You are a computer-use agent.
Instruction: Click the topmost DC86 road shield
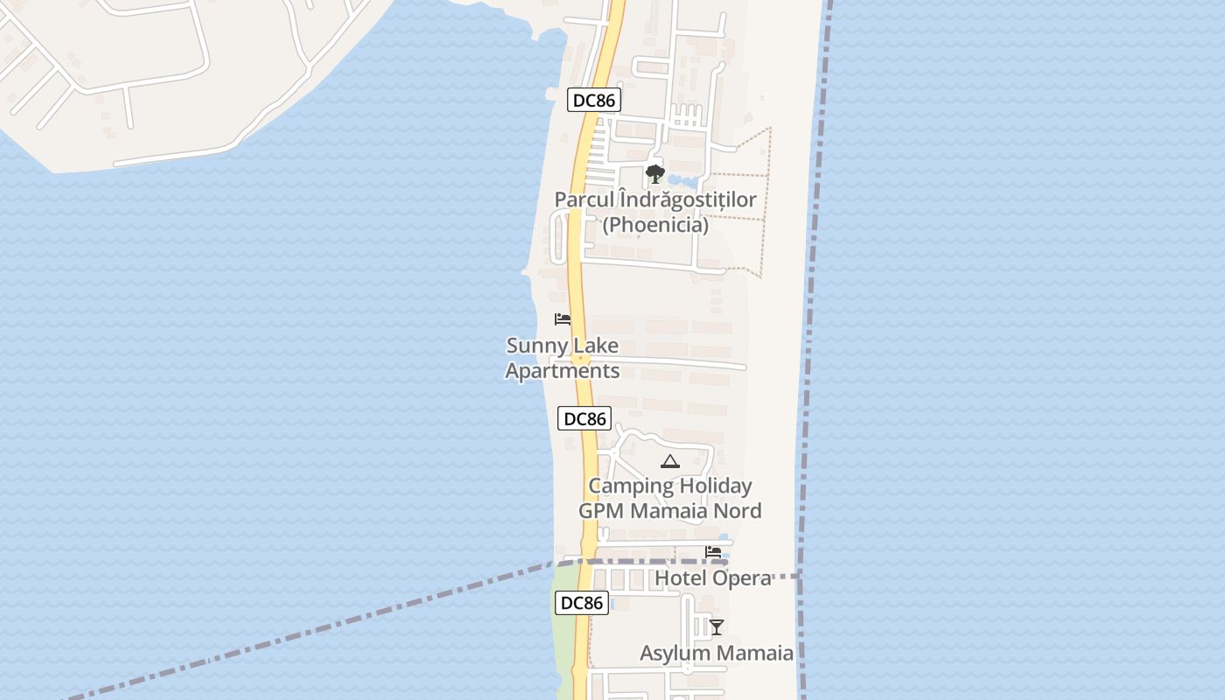tap(594, 101)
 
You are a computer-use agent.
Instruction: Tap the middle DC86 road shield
tap(584, 418)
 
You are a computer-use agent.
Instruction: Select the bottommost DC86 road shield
tap(582, 603)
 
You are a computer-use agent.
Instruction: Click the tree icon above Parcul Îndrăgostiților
tap(654, 174)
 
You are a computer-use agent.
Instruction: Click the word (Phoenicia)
tap(655, 225)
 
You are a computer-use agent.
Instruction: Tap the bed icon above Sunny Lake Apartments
tap(563, 319)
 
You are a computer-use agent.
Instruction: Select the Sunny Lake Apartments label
tap(563, 358)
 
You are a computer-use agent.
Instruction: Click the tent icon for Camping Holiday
tap(670, 461)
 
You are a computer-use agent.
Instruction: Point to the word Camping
tap(631, 486)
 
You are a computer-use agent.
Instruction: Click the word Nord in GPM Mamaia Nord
tap(733, 510)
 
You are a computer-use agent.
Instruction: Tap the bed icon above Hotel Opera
tap(713, 552)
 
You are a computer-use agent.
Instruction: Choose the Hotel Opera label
tap(712, 577)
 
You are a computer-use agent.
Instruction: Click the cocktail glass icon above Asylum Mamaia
tap(717, 626)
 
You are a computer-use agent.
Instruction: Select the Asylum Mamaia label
tap(717, 653)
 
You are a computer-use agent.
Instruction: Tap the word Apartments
tap(563, 371)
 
